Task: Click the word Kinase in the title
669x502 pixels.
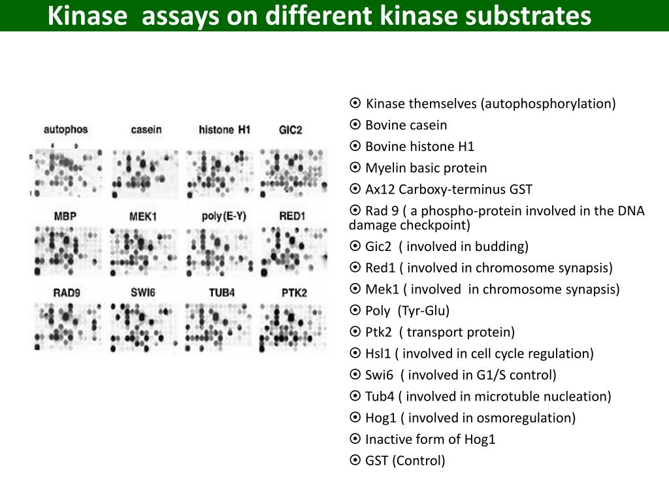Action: (x=87, y=16)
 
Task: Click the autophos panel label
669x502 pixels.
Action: (x=65, y=129)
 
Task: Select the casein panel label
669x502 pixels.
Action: (x=146, y=130)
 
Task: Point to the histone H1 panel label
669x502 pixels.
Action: (x=224, y=130)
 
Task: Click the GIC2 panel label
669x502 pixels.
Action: (x=290, y=130)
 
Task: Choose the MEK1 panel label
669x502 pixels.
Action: (x=143, y=216)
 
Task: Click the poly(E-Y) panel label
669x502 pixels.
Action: (x=223, y=216)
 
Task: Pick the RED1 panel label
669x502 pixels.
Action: (x=292, y=216)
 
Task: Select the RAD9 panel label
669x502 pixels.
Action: (x=67, y=292)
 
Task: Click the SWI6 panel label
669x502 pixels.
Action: (x=143, y=292)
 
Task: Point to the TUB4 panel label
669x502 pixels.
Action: (x=222, y=292)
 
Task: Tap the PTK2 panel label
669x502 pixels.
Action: (x=293, y=292)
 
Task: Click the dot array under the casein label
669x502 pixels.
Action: (x=144, y=173)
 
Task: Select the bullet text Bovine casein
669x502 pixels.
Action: (x=406, y=125)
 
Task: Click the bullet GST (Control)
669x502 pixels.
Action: (x=405, y=460)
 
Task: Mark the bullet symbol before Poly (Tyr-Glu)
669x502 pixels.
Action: (x=355, y=310)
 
